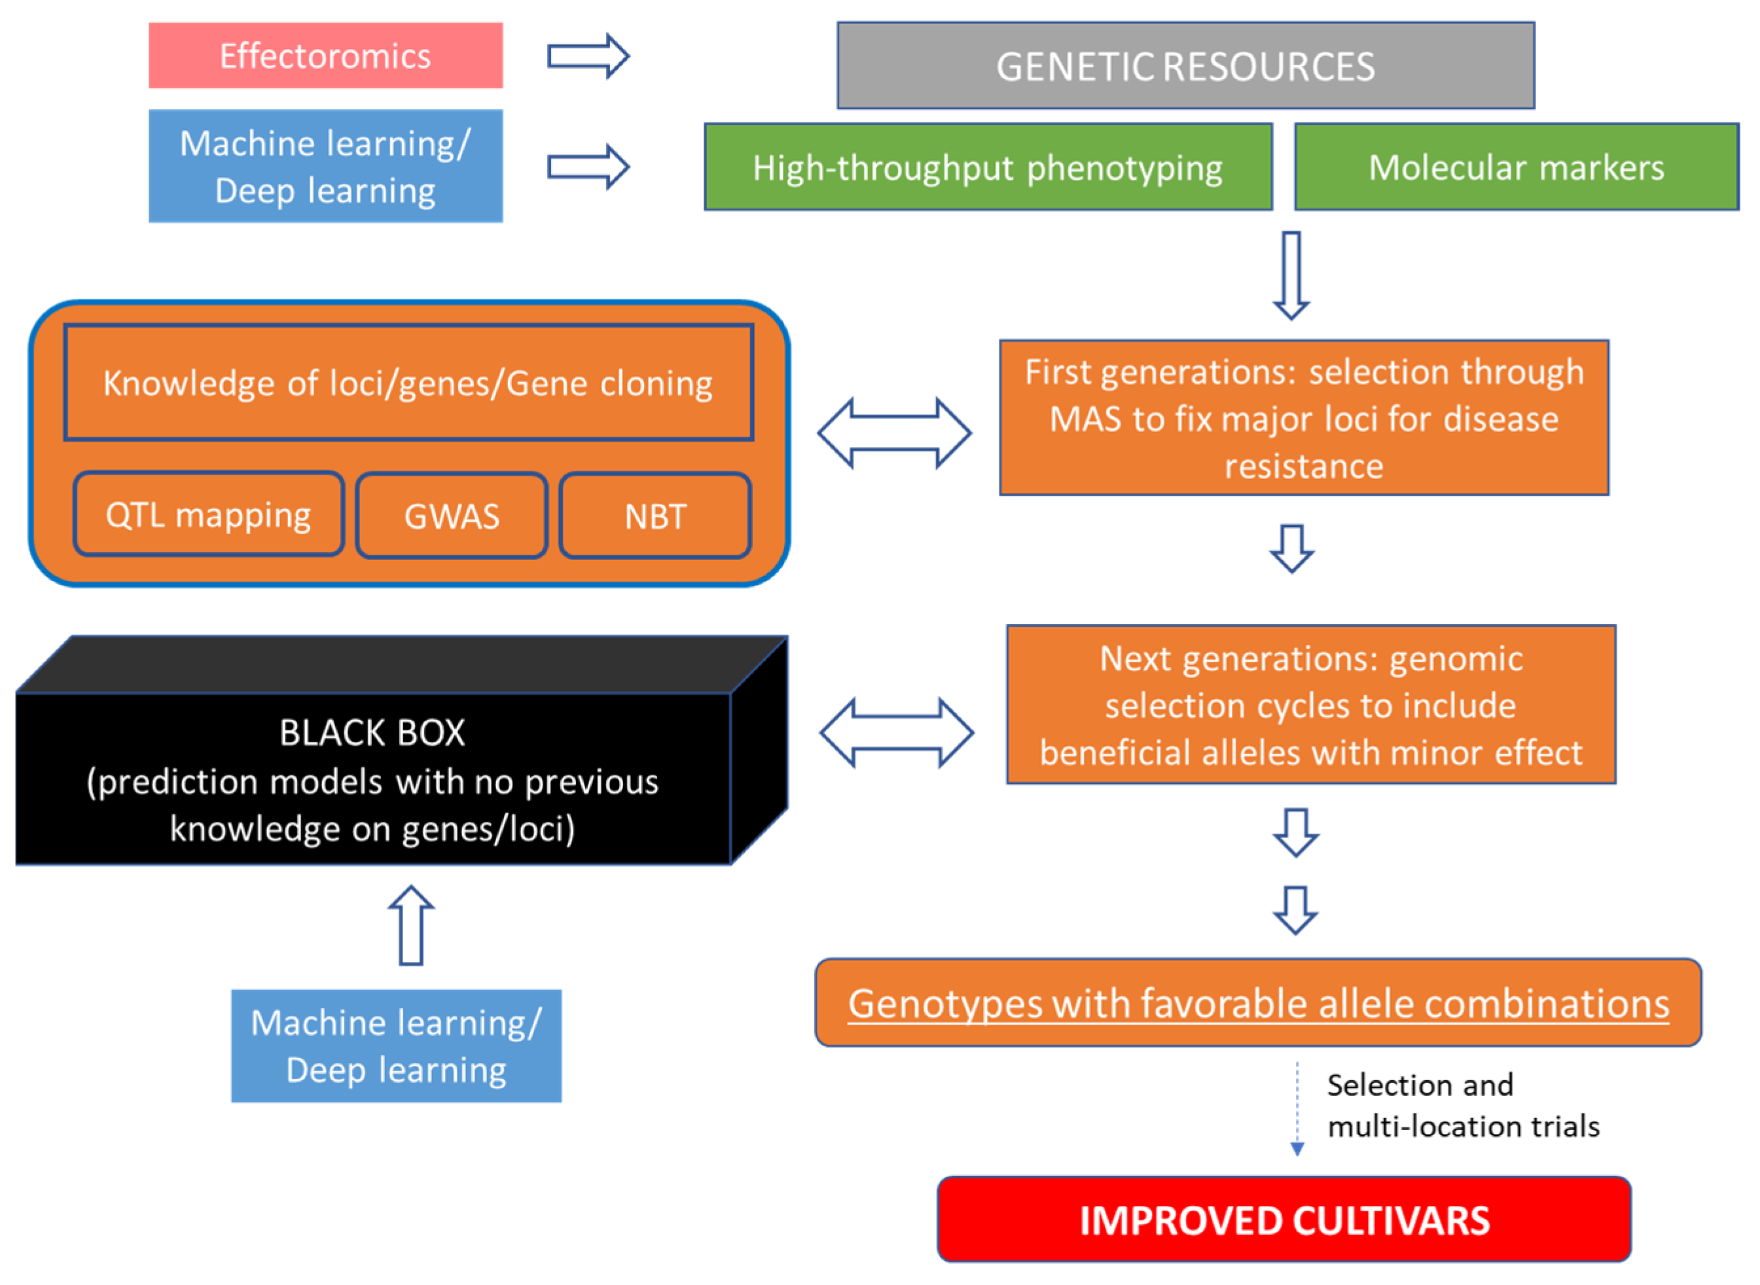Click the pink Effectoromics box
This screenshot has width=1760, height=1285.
pos(325,55)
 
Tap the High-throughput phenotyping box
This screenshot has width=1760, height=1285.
pos(988,166)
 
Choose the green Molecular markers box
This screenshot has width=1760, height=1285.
pos(1516,166)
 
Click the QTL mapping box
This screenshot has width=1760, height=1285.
pos(209,514)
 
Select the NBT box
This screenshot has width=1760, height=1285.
pos(655,516)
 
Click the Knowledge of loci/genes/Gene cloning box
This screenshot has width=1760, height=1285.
pos(408,383)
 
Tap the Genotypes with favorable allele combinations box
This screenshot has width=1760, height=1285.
pos(1258,1002)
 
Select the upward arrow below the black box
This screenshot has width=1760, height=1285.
pos(411,926)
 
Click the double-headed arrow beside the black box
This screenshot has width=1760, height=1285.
pos(896,732)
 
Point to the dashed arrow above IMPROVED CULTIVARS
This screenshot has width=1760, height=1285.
pos(1297,1108)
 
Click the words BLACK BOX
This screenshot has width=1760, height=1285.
pos(372,733)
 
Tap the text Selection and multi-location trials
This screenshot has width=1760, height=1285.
pos(1463,1105)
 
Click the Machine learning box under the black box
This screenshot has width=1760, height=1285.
pos(396,1046)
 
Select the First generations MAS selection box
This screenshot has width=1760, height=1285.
pos(1304,417)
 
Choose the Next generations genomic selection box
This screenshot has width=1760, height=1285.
pos(1311,705)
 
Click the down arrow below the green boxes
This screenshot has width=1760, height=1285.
pos(1291,275)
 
